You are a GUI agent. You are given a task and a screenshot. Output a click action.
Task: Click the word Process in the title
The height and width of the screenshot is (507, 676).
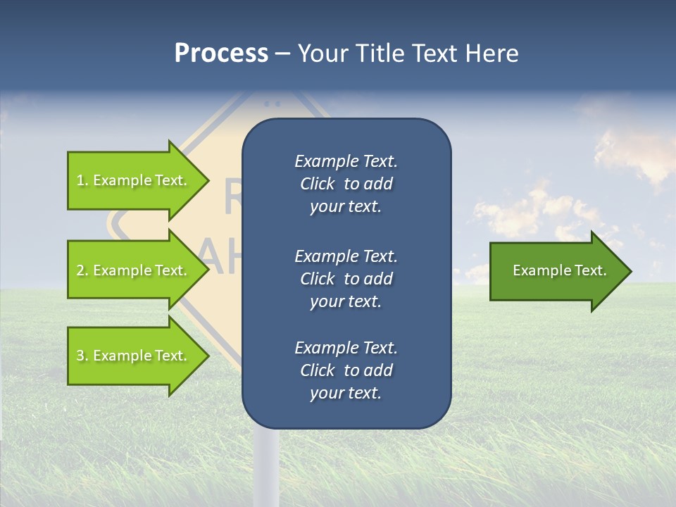point(221,54)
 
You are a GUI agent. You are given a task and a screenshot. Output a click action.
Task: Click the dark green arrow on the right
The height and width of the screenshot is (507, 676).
point(556,271)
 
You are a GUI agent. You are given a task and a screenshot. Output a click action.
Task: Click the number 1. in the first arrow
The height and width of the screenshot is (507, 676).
point(82,180)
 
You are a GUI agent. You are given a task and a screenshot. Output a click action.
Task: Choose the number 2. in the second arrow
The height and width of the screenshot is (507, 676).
point(82,270)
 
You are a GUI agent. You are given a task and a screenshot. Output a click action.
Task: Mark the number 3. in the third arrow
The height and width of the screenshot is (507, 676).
point(82,356)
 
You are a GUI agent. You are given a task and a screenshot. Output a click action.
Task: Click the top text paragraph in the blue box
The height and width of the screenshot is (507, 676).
point(346,184)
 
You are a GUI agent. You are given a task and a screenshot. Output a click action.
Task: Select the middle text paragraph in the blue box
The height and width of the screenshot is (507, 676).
point(346,278)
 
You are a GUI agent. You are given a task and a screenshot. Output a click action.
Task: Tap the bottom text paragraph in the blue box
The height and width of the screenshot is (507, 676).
point(346,370)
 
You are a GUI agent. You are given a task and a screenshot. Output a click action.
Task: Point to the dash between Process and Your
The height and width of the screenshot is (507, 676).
point(282,54)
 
